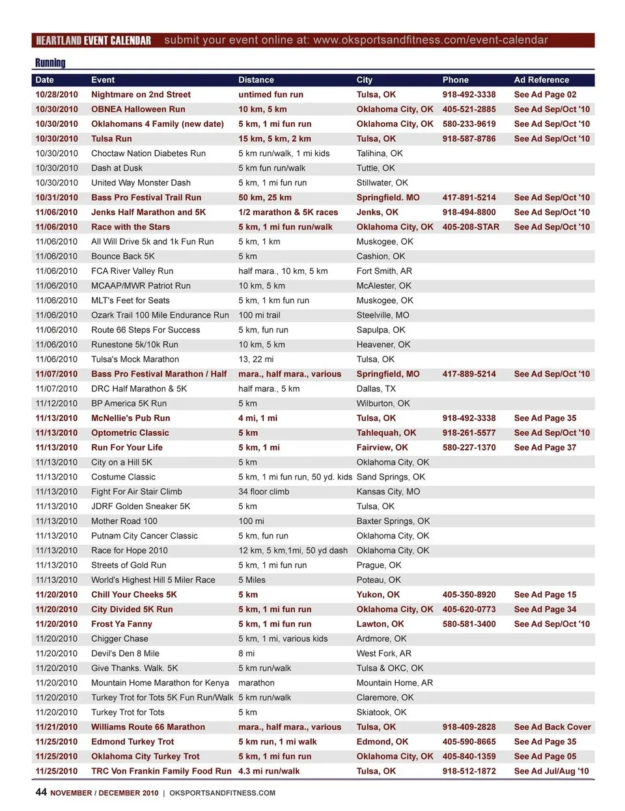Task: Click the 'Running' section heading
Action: click(50, 63)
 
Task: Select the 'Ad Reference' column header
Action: click(541, 80)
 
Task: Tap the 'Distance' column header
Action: click(256, 80)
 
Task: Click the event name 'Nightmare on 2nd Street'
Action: click(141, 95)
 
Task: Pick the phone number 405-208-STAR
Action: click(471, 227)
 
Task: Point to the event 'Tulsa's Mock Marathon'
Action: click(135, 360)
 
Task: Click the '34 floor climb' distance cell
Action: click(264, 492)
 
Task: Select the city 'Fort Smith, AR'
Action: click(384, 271)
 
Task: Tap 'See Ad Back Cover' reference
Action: click(552, 727)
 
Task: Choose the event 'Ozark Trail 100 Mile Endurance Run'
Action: click(160, 315)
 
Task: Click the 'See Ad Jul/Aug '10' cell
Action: click(551, 771)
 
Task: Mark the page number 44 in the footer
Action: click(41, 792)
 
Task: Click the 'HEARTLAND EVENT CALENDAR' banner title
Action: click(93, 41)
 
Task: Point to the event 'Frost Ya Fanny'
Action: click(121, 624)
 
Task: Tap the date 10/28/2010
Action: click(57, 95)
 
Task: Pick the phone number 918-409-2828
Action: click(469, 727)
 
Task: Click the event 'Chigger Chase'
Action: click(120, 639)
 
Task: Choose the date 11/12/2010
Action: click(57, 404)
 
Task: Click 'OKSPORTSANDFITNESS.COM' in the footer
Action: click(222, 793)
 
